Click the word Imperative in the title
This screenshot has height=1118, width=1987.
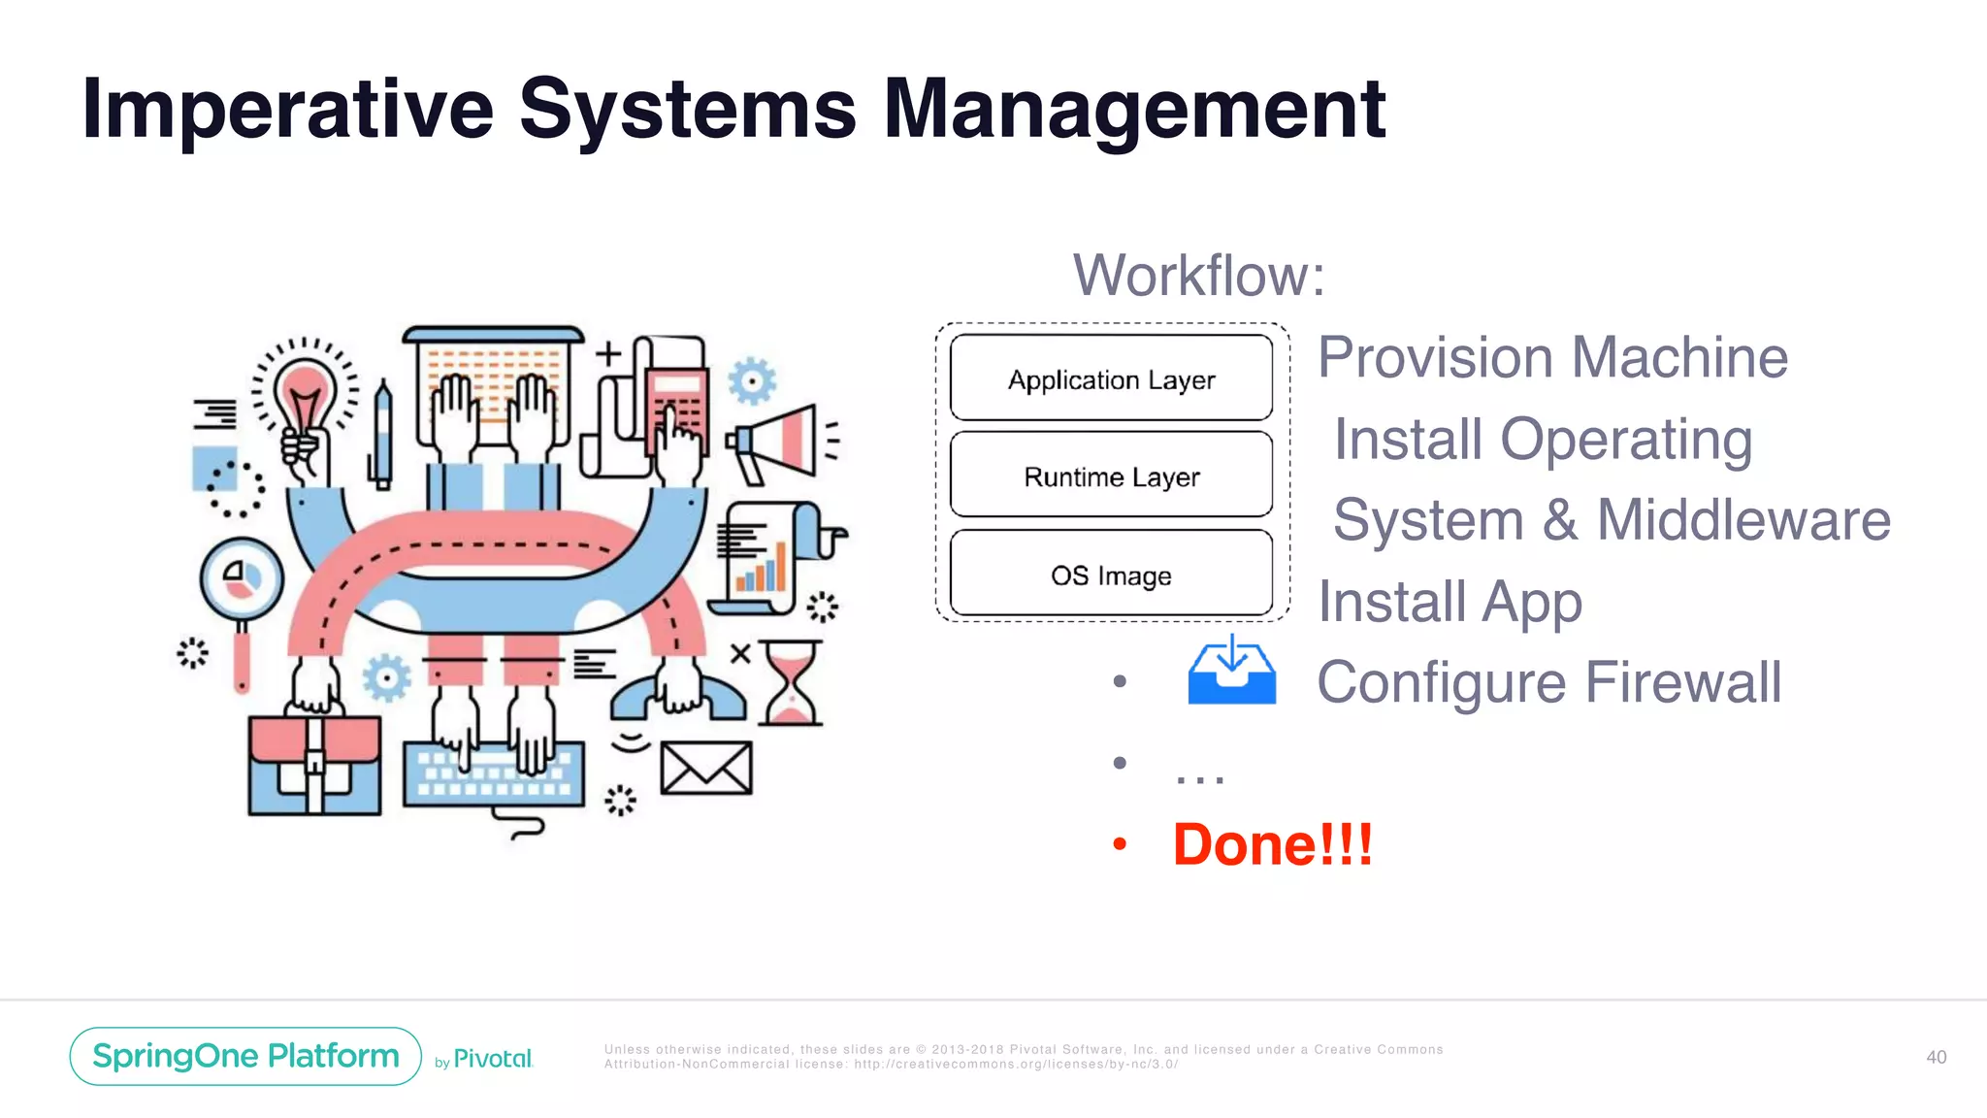pos(287,109)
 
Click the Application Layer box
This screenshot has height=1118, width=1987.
pos(1111,378)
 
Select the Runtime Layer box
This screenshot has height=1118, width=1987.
pos(1111,476)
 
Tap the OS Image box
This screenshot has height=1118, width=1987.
pos(1111,575)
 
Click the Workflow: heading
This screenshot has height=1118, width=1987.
pos(1198,276)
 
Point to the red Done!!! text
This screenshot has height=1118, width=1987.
pos(1272,844)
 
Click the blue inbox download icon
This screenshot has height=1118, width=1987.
pos(1231,671)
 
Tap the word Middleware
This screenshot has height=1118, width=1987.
pos(1743,520)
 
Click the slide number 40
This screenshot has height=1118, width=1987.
pos(1936,1057)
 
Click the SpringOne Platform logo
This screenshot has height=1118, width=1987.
pos(245,1056)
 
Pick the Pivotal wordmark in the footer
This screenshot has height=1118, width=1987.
pos(493,1059)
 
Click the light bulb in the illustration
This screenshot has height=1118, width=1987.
pos(305,398)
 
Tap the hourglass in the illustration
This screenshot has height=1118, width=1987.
pos(791,682)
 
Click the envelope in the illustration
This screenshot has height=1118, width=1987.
pos(705,768)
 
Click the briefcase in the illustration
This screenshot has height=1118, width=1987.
pos(314,764)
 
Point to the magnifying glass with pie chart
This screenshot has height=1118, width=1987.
pos(242,581)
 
